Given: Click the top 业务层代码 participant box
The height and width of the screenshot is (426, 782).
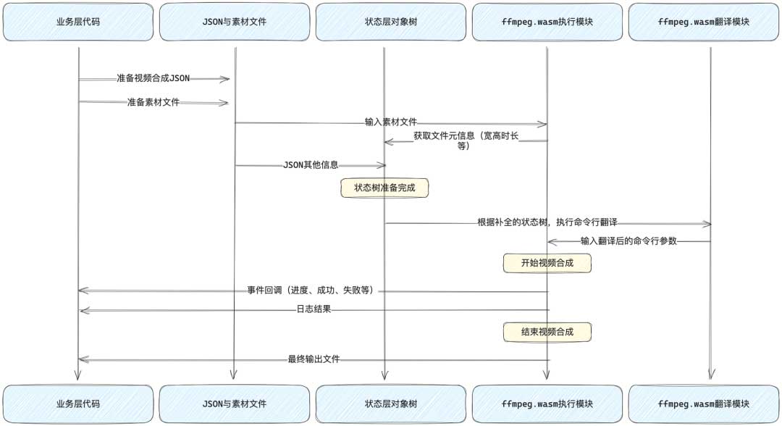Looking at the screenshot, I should pyautogui.click(x=77, y=22).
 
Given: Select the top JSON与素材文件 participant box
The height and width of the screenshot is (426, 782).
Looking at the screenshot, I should pyautogui.click(x=235, y=22).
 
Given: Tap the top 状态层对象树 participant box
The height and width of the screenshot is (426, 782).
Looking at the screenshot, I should pyautogui.click(x=391, y=22).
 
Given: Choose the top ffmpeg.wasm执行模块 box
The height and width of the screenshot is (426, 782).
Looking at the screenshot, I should pyautogui.click(x=547, y=22).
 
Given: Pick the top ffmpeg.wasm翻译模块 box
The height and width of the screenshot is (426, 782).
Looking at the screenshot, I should pyautogui.click(x=703, y=22).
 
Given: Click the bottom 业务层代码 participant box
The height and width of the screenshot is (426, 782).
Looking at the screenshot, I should pyautogui.click(x=77, y=404).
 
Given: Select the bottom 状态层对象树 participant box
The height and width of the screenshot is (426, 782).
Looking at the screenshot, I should pyautogui.click(x=391, y=404).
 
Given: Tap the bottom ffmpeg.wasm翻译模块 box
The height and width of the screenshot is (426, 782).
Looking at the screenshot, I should pyautogui.click(x=703, y=404).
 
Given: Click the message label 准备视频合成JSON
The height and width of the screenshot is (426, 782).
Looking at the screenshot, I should pyautogui.click(x=153, y=78).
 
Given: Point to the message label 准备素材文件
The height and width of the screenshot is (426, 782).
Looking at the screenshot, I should pyautogui.click(x=153, y=102).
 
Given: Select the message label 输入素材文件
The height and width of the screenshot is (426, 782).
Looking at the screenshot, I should pyautogui.click(x=390, y=122).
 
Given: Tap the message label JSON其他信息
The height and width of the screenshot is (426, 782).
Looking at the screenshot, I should pyautogui.click(x=310, y=165).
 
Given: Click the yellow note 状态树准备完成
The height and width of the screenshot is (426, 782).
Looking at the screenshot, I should pyautogui.click(x=384, y=188).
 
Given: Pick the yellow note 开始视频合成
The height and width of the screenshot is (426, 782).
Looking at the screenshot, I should pyautogui.click(x=547, y=263).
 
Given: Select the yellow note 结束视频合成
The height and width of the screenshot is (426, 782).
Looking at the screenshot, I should pyautogui.click(x=547, y=332).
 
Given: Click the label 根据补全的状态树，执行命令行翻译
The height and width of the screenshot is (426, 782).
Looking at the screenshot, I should pyautogui.click(x=547, y=222).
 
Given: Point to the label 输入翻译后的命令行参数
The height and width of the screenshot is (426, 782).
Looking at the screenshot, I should pyautogui.click(x=628, y=241).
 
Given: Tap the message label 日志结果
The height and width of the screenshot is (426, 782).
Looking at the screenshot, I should pyautogui.click(x=314, y=309).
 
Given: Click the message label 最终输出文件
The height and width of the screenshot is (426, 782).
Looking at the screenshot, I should pyautogui.click(x=314, y=359).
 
